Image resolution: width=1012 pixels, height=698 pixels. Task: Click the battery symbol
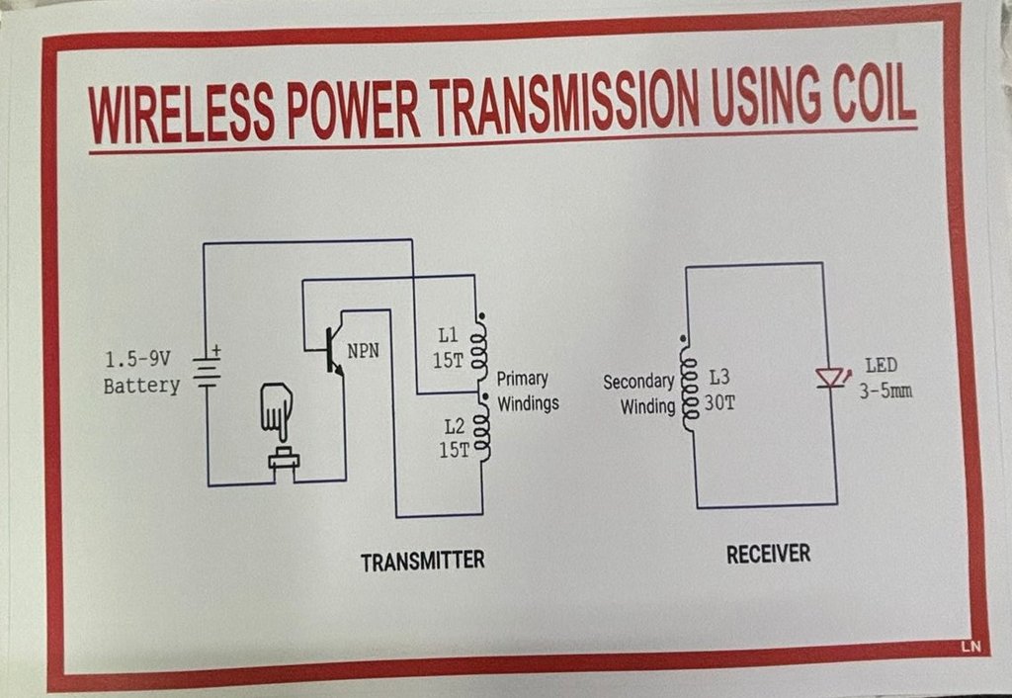pyautogui.click(x=208, y=369)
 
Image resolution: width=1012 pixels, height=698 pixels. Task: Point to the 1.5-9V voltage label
pyautogui.click(x=137, y=359)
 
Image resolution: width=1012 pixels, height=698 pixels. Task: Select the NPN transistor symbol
pyautogui.click(x=330, y=351)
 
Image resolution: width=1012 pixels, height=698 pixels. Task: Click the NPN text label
pyautogui.click(x=364, y=351)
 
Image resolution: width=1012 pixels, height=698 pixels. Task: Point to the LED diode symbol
pyautogui.click(x=830, y=378)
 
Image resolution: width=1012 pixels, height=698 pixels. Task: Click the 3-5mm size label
pyautogui.click(x=885, y=391)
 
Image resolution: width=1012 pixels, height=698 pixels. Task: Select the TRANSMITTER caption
pyautogui.click(x=422, y=562)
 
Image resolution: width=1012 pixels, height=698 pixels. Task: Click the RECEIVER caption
pyautogui.click(x=768, y=554)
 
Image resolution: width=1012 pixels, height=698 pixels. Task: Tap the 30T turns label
pyautogui.click(x=719, y=403)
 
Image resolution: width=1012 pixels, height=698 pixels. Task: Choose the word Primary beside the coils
pyautogui.click(x=522, y=379)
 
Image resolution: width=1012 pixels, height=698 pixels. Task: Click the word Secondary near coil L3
pyautogui.click(x=638, y=382)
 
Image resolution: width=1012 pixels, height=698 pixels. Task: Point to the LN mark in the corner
pyautogui.click(x=970, y=647)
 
